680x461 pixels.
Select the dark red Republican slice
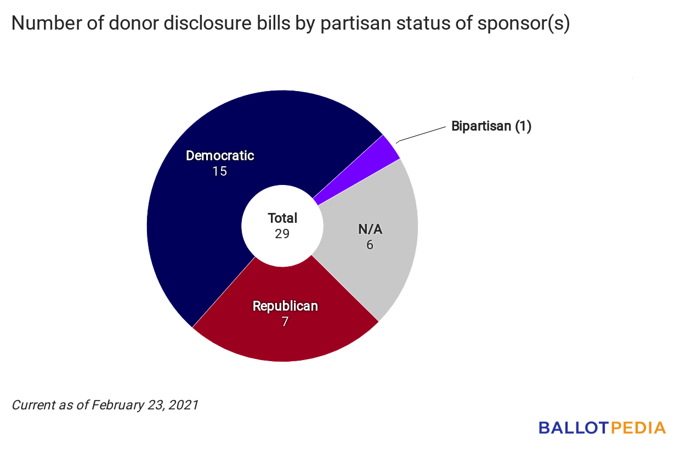285,335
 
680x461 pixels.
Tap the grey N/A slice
378,263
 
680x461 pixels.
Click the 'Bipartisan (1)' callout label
491,126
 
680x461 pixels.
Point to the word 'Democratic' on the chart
220,156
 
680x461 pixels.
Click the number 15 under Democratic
220,171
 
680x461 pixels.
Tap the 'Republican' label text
285,306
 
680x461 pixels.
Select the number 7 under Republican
285,322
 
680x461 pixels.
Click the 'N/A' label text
370,229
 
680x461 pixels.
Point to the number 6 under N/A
370,245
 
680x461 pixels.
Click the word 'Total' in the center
282,218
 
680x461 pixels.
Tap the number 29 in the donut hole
282,233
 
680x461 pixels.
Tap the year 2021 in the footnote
183,406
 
